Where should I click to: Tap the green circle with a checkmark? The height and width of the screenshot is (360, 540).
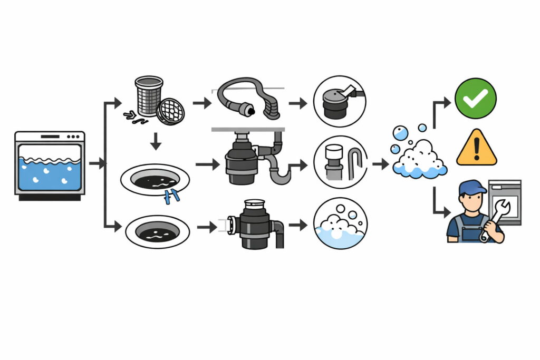click(x=476, y=98)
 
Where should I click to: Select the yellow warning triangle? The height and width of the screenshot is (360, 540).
click(x=476, y=149)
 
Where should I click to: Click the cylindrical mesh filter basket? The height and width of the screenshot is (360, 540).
click(x=148, y=95)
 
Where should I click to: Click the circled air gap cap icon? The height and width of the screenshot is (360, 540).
click(x=340, y=101)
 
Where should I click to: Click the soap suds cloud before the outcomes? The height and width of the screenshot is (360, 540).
click(x=419, y=158)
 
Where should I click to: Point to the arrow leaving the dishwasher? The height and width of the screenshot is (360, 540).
click(x=97, y=164)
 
